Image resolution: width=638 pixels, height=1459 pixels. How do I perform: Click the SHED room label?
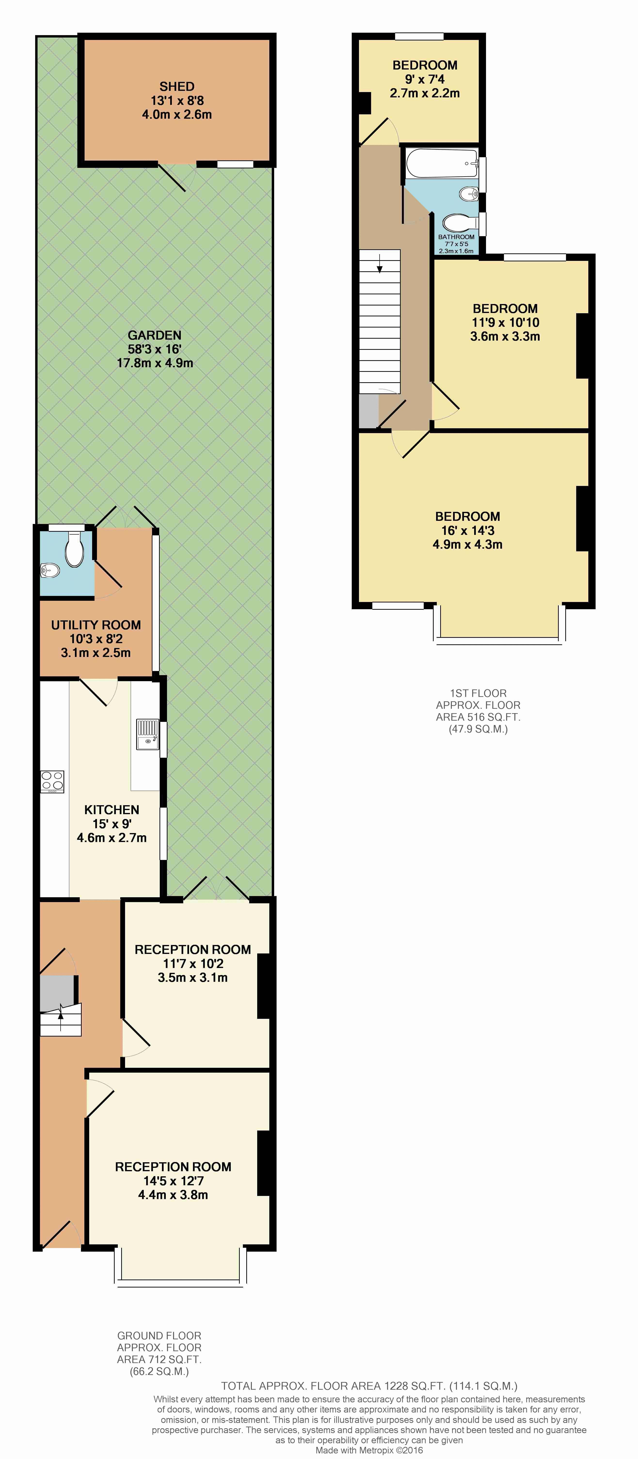coord(177,87)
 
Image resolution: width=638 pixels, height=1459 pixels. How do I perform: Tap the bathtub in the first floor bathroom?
coord(443,164)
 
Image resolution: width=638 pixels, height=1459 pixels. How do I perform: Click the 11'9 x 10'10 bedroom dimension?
coord(505,322)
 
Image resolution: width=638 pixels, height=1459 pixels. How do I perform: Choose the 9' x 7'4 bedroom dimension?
coord(425,79)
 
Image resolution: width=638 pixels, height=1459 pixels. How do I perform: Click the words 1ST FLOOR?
coord(478,693)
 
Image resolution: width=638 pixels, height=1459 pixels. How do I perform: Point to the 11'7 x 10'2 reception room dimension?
coord(193,963)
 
